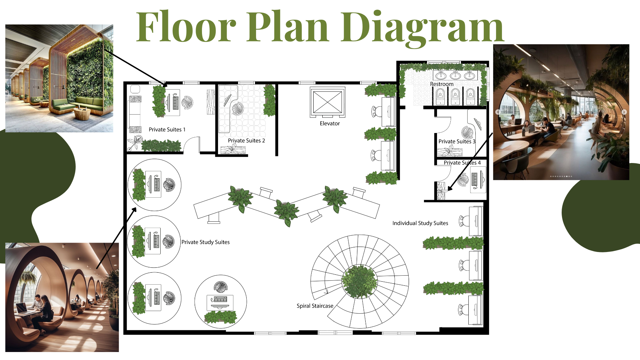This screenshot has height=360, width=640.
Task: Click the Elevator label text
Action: pos(330,123)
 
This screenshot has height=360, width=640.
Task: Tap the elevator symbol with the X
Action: pos(328,102)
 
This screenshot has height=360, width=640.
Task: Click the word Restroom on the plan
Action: pos(442,84)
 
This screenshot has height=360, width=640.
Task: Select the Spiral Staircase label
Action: pos(315,306)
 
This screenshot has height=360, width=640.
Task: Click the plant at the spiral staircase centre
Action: pos(360,281)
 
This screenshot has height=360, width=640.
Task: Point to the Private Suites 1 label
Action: pos(167,129)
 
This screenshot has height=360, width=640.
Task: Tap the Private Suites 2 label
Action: pos(246,140)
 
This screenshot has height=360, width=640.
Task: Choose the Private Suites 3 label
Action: pos(457,141)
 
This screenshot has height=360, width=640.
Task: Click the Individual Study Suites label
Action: pos(420,223)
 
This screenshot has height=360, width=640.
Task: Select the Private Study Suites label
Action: pos(205,242)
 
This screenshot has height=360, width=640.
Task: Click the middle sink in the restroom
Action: pos(455,75)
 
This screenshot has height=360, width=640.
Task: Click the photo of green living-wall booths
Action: pos(59,78)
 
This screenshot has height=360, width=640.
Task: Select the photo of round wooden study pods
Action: pos(62,297)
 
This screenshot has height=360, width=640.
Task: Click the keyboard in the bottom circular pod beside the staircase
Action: pos(220,299)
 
